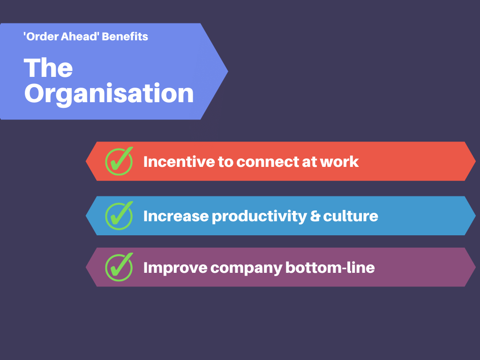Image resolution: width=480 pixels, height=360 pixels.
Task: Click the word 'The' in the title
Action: click(x=48, y=67)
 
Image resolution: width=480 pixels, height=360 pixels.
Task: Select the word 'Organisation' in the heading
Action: click(x=109, y=94)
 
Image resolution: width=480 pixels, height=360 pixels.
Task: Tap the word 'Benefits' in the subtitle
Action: click(x=125, y=37)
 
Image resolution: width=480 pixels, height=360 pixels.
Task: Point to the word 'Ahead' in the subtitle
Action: click(x=80, y=37)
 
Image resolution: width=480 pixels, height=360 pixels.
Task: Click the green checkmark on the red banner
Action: click(x=119, y=161)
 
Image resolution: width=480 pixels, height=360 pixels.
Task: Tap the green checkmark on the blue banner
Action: click(x=119, y=216)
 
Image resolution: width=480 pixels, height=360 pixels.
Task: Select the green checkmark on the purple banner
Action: click(x=119, y=267)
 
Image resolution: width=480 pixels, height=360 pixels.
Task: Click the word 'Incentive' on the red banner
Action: click(x=179, y=162)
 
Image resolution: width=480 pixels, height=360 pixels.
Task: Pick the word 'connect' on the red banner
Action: click(x=267, y=162)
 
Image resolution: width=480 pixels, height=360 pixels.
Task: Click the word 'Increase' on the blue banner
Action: click(x=176, y=216)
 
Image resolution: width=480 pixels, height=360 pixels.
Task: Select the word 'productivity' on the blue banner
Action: click(x=259, y=217)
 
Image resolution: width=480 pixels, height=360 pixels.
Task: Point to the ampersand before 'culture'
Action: click(x=315, y=216)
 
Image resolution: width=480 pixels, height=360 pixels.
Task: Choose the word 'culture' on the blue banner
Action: click(x=351, y=216)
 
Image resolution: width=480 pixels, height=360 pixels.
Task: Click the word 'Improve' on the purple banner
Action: click(x=175, y=268)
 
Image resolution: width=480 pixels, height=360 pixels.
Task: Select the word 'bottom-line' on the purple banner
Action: click(x=330, y=268)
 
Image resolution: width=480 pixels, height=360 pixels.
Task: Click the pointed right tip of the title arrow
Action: click(x=228, y=71)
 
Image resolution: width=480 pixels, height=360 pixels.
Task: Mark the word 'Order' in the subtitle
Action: click(x=41, y=37)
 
